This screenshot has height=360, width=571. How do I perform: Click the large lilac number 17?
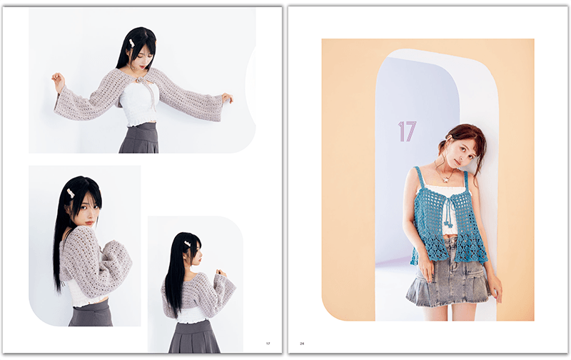[x=407, y=131]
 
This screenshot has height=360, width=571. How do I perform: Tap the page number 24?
[x=302, y=344]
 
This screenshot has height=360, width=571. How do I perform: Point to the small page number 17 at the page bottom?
[x=268, y=344]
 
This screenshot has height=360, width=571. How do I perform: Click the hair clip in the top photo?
[x=131, y=43]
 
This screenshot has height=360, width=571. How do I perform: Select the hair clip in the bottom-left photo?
[x=71, y=193]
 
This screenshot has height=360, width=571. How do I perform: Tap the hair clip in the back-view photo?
[x=188, y=243]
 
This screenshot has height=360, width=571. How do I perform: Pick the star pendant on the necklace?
[x=445, y=179]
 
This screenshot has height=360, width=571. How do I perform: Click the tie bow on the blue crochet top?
[x=448, y=209]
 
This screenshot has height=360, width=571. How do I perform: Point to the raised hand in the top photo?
[x=58, y=79]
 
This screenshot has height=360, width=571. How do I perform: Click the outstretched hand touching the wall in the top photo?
[x=227, y=98]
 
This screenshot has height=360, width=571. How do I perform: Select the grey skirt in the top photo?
[x=139, y=138]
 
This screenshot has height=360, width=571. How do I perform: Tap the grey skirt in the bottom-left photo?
[x=91, y=314]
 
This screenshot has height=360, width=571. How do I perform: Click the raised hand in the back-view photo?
[x=221, y=273]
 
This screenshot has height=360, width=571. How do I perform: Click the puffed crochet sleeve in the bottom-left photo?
[x=115, y=261]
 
